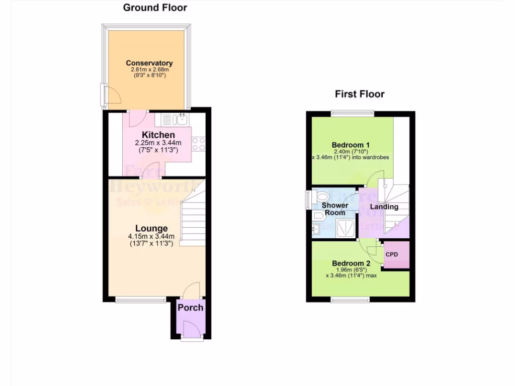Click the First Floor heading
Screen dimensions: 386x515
pos(360,94)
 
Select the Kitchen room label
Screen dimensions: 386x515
pos(158,135)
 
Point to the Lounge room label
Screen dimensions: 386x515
pos(151,229)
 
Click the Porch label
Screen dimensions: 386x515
pos(191,307)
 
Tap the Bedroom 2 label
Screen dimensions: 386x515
pos(351,263)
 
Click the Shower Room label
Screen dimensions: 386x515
pos(335,209)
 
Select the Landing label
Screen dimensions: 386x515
pos(384,207)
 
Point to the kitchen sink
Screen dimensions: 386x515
pos(180,120)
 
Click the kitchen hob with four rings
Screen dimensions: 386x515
pos(198,144)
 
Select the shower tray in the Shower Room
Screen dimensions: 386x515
pos(345,227)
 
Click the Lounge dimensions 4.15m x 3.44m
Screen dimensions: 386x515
pos(151,237)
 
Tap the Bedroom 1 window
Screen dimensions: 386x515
pos(352,113)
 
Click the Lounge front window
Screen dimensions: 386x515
pos(141,300)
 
